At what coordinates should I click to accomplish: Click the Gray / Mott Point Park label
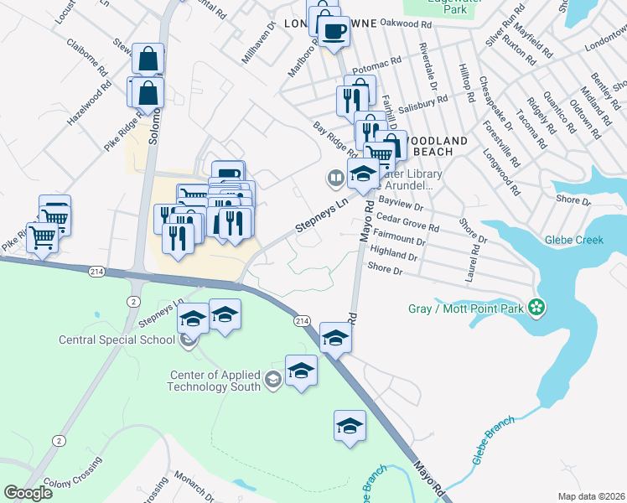click(x=465, y=309)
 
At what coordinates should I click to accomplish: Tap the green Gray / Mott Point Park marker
click(x=537, y=309)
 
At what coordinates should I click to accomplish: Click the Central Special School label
click(x=117, y=340)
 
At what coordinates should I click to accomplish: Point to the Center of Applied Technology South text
click(x=215, y=381)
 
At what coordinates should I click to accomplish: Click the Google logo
click(x=28, y=493)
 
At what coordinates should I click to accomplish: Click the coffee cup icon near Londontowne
click(x=334, y=32)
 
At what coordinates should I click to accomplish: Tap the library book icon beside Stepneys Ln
click(x=334, y=178)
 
